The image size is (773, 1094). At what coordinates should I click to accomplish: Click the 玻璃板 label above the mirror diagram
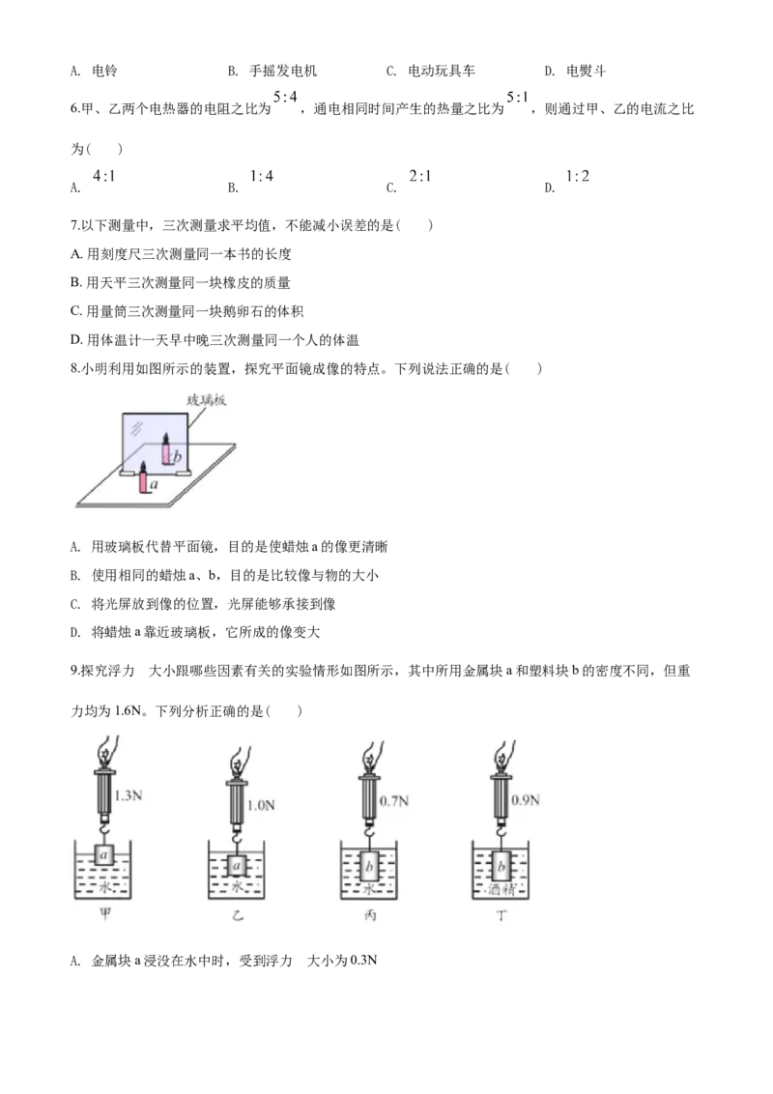(207, 400)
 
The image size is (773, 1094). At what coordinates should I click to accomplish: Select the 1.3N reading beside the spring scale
(128, 795)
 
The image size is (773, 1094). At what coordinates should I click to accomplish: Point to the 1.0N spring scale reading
(261, 805)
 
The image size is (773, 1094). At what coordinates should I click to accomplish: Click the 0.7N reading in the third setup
(394, 801)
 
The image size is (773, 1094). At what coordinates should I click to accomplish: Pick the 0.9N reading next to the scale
(526, 799)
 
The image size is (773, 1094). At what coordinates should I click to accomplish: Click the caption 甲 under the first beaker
(104, 914)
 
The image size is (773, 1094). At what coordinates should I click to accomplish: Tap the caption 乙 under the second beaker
(237, 914)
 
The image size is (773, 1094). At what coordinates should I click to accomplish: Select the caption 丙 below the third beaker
(370, 914)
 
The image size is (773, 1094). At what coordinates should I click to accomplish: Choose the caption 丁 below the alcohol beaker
(501, 915)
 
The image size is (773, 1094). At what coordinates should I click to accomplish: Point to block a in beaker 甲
(104, 855)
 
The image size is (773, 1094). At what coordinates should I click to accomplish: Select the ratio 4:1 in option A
(104, 177)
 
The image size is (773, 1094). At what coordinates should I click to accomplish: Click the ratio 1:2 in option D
(578, 177)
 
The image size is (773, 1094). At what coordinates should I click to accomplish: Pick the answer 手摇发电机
(282, 71)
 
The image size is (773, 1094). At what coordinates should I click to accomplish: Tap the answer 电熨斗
(586, 71)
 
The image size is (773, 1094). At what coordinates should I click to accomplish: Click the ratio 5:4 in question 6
(285, 97)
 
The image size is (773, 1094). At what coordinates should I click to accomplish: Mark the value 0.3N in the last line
(363, 961)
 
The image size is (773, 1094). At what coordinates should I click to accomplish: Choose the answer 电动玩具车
(442, 71)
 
